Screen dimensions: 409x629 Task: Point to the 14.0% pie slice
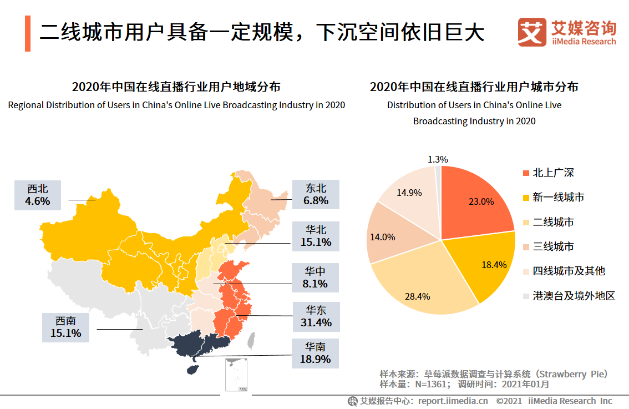pos(388,236)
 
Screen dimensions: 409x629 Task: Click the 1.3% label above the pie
pos(438,159)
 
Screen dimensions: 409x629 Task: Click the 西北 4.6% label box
pos(38,195)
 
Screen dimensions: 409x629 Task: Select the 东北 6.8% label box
pos(316,194)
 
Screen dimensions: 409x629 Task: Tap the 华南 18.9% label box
pos(316,353)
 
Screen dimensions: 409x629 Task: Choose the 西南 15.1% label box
pos(65,327)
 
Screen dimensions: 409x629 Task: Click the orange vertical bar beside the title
pos(28,33)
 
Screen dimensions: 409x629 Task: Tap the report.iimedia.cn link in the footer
pos(453,401)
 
